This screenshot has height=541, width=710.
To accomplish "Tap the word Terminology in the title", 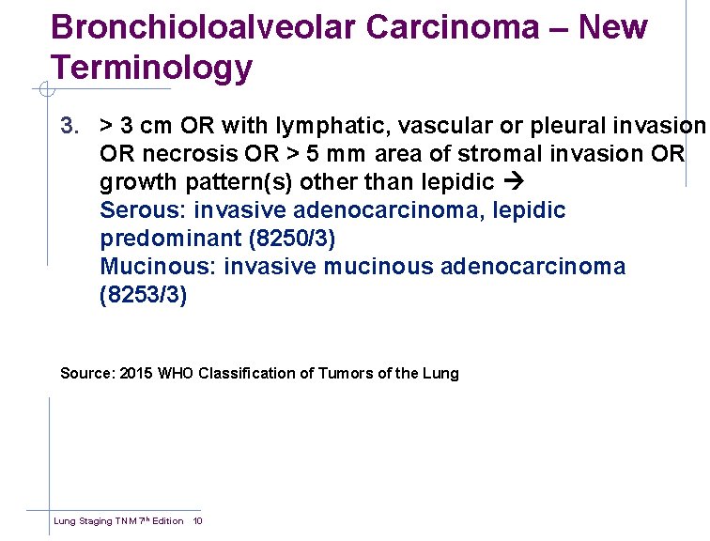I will tap(152, 68).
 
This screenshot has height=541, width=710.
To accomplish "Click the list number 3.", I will tap(68, 126).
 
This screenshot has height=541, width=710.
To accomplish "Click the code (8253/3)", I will tap(144, 296).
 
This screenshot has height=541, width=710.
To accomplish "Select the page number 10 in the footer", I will tap(197, 521).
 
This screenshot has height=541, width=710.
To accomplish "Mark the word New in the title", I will tap(613, 27).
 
